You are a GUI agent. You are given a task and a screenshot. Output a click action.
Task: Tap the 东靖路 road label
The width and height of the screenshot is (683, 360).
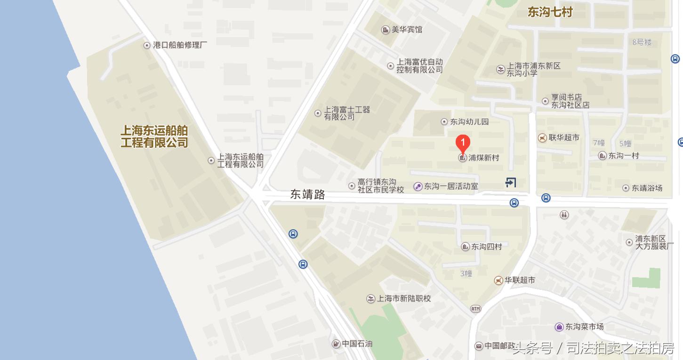pyautogui.click(x=307, y=194)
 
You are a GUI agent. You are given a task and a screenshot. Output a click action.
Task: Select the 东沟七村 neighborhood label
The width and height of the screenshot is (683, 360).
pyautogui.click(x=549, y=12)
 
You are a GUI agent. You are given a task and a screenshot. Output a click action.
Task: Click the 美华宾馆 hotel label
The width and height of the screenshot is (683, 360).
pyautogui.click(x=407, y=30)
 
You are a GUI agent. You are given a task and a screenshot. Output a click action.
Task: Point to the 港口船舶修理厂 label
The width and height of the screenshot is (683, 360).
pyautogui.click(x=180, y=45)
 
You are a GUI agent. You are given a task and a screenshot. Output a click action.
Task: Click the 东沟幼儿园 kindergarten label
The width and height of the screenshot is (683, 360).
pyautogui.click(x=469, y=122)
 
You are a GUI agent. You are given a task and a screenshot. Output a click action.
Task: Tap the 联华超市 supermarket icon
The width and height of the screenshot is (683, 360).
pyautogui.click(x=543, y=137)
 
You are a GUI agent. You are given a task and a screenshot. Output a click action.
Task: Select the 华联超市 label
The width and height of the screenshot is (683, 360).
pyautogui.click(x=520, y=280)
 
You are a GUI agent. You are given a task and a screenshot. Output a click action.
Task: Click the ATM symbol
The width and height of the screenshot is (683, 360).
pyautogui.click(x=476, y=309)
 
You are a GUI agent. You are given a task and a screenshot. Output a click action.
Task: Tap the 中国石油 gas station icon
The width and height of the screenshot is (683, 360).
pyautogui.click(x=336, y=344)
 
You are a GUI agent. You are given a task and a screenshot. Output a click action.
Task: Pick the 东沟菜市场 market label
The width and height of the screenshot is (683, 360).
pyautogui.click(x=584, y=327)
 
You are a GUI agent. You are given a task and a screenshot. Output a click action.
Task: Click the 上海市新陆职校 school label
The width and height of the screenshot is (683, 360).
pyautogui.click(x=404, y=298)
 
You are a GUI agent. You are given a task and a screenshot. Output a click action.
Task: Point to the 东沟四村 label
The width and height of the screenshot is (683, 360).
pyautogui.click(x=487, y=247)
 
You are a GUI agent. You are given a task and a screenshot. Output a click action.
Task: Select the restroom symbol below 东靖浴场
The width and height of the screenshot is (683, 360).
pyautogui.click(x=564, y=215)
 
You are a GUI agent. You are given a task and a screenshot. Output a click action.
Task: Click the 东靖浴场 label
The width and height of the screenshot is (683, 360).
pyautogui.click(x=647, y=188)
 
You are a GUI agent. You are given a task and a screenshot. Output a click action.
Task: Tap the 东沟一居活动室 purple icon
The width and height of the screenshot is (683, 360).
pyautogui.click(x=418, y=186)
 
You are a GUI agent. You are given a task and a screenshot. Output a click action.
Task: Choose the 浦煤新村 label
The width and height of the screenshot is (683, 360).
pyautogui.click(x=483, y=158)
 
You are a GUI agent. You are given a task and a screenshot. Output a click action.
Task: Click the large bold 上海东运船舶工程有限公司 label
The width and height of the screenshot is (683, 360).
pyautogui.click(x=154, y=136)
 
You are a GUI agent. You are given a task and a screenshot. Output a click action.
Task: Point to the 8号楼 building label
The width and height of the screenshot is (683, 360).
pyautogui.click(x=642, y=42)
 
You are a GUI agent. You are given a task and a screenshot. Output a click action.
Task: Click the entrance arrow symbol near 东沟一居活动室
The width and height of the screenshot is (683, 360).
pyautogui.click(x=511, y=182)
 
